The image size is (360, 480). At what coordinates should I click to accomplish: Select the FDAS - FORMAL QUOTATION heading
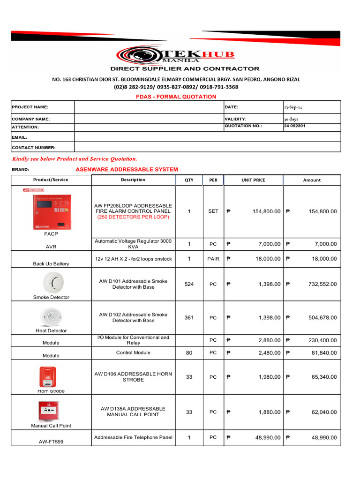176,97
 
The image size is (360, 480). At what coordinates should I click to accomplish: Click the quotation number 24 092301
295,126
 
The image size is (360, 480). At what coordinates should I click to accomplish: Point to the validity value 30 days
292,119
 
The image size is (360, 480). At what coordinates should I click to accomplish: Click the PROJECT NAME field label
30,107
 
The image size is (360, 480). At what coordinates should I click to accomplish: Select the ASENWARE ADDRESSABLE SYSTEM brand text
127,169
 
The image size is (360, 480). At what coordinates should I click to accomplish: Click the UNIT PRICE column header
253,180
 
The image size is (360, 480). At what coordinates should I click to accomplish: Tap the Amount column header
312,180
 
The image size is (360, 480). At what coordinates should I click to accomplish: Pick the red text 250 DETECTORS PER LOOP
133,217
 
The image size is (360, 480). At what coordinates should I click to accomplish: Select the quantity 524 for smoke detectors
189,284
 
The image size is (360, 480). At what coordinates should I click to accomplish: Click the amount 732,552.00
322,284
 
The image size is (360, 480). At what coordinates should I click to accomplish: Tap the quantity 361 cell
189,317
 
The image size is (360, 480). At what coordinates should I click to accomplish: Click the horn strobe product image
48,376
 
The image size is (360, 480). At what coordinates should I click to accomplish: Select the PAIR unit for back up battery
213,259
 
